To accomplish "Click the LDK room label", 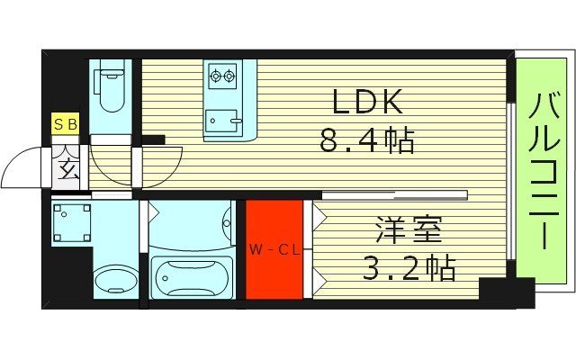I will (367, 103).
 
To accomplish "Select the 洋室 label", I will (409, 231).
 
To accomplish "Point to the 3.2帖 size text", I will (410, 267).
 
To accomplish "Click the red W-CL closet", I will (274, 249).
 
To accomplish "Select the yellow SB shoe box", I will (66, 124).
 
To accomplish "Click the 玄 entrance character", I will (67, 165).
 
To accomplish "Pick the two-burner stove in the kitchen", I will (220, 75).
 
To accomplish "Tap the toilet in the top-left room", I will (111, 88).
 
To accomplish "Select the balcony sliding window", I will (510, 180).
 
